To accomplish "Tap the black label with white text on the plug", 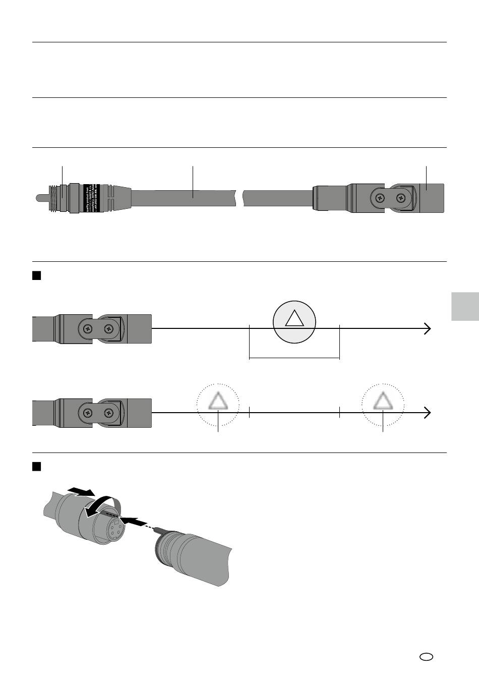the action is coord(91,197).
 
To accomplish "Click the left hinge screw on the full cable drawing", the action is coord(379,197).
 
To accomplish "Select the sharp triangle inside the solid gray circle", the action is coord(294,318).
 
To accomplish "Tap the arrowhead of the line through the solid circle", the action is coord(428,328).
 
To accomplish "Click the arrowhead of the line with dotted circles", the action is coord(428,413).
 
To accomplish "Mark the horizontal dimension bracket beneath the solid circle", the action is coord(294,358).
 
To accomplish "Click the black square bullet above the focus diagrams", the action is coord(36,275).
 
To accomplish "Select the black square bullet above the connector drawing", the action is coord(36,466).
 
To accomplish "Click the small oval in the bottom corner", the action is coord(426,656).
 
